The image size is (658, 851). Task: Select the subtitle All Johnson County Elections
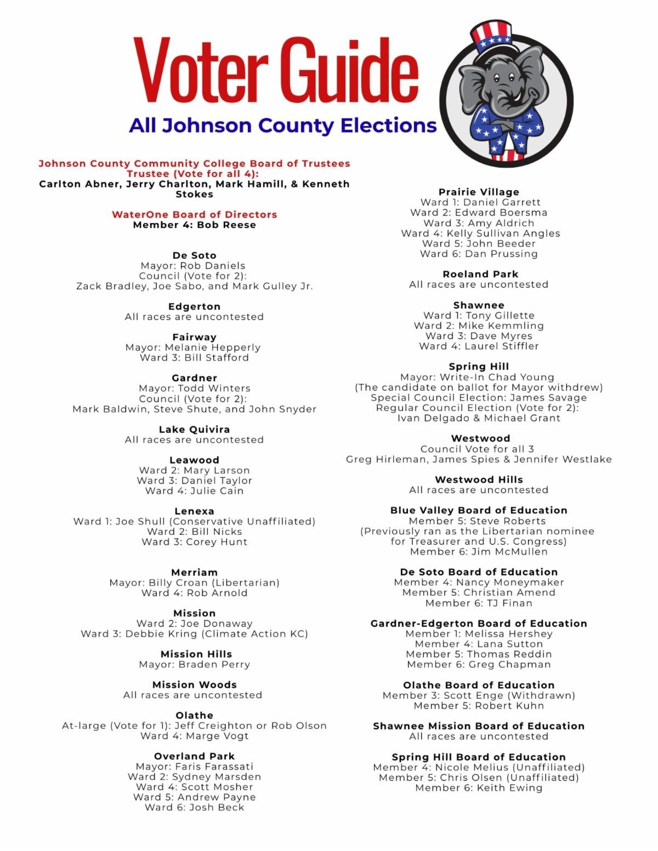(x=283, y=125)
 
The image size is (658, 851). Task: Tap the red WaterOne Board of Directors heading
(x=195, y=214)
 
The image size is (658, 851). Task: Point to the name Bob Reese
(x=226, y=225)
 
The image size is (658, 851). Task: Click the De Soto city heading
(x=195, y=255)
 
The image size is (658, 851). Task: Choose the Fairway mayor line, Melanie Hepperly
(x=193, y=347)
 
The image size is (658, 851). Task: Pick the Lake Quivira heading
(x=195, y=429)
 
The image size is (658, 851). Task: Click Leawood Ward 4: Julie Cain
(x=195, y=490)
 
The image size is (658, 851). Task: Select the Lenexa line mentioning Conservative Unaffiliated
(x=195, y=521)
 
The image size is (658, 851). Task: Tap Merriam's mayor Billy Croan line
(x=195, y=582)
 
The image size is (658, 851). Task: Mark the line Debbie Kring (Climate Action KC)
(x=195, y=633)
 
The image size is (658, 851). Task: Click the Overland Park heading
(x=195, y=756)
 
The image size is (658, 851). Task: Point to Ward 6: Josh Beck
(x=195, y=807)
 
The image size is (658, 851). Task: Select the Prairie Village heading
(x=479, y=192)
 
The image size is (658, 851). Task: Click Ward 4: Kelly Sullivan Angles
(x=481, y=233)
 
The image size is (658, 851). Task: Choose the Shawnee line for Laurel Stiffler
(x=479, y=346)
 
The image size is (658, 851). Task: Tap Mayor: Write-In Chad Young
(x=477, y=377)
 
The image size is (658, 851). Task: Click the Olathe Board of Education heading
(x=479, y=685)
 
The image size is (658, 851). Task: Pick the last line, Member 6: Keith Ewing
(x=479, y=787)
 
